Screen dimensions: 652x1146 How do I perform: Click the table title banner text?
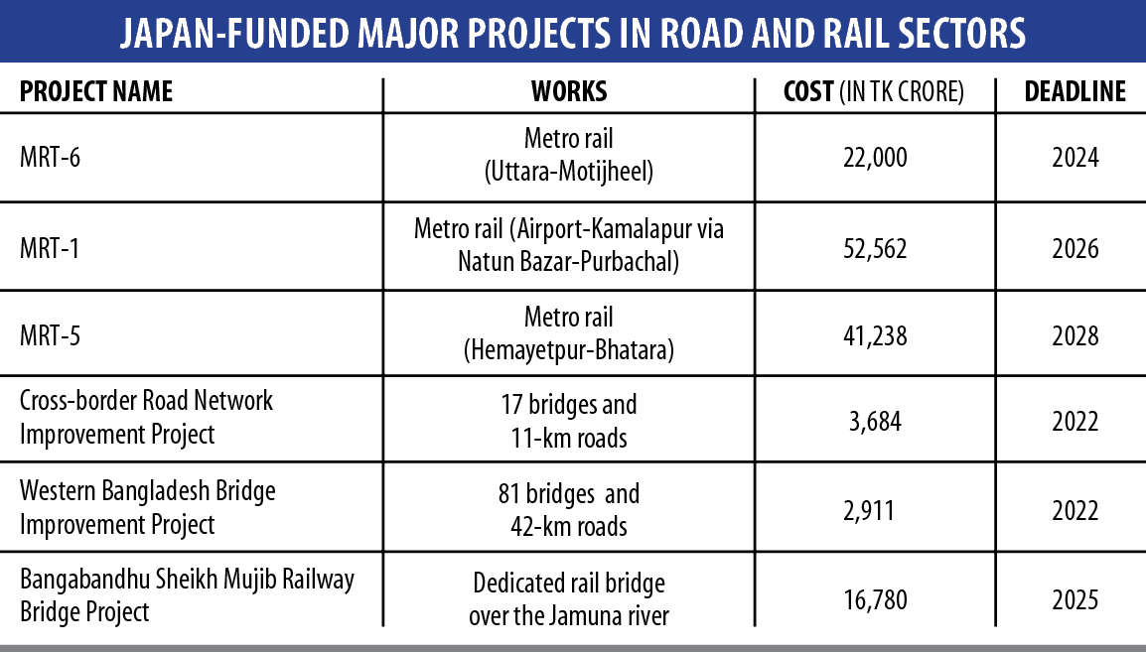tap(573, 34)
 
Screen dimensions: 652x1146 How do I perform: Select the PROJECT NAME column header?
tap(96, 92)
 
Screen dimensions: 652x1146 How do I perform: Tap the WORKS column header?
tap(569, 92)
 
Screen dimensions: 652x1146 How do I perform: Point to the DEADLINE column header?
tap(1074, 92)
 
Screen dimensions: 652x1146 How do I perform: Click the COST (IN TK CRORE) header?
tap(874, 92)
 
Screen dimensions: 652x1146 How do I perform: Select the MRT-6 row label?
tap(50, 157)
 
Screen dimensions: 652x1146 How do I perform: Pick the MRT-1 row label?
tap(50, 247)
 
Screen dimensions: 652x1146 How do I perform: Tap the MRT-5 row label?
tap(50, 335)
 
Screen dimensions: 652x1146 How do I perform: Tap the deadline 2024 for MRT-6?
tap(1074, 158)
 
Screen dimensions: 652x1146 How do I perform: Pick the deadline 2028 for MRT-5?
tap(1074, 335)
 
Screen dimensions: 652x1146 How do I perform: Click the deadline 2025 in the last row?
tap(1074, 598)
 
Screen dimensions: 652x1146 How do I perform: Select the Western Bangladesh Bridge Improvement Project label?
tap(147, 507)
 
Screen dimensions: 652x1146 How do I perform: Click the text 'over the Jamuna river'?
tap(569, 615)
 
